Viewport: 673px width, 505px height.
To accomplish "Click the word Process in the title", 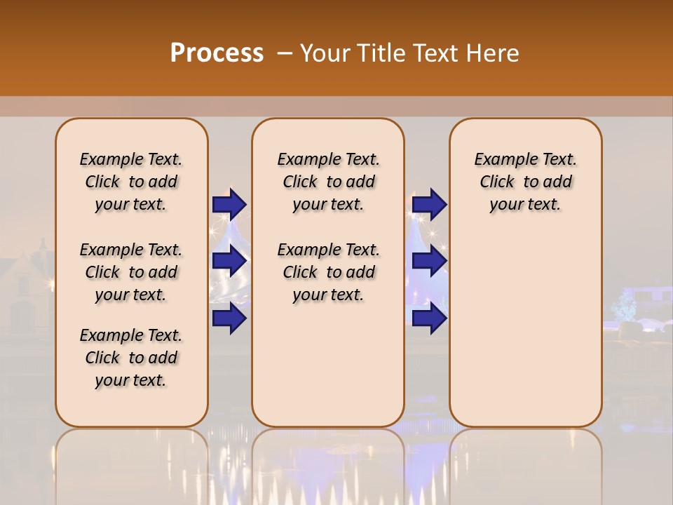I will point(217,53).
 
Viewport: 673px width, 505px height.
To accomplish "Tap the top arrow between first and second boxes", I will point(229,204).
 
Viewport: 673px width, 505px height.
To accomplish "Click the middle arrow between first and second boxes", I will point(229,261).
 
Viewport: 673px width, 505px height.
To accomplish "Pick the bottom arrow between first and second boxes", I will point(229,318).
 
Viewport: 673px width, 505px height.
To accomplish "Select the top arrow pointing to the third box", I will point(429,204).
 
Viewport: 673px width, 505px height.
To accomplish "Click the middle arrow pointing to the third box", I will point(429,261).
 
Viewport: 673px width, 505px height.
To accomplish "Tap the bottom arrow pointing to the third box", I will point(429,318).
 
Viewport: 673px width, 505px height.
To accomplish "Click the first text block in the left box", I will point(131,182).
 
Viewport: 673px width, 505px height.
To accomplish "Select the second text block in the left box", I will point(131,272).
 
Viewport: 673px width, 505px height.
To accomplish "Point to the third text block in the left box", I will point(131,358).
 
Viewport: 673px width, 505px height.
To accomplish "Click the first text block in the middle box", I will point(328,182).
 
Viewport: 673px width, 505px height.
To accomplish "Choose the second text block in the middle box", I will point(328,272).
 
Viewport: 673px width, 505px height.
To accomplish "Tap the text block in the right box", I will point(525,182).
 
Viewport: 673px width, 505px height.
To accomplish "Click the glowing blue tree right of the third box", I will point(623,305).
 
